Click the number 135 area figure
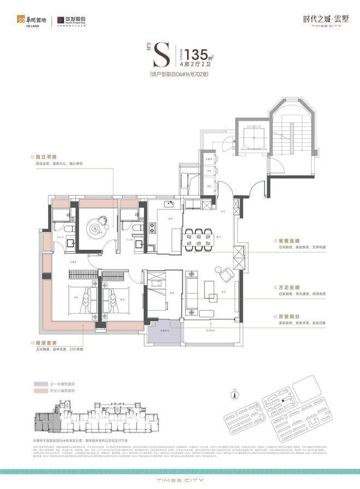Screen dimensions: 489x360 coord(195,55)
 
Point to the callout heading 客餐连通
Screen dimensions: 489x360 coord(285,240)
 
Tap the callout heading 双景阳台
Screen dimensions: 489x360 coord(285,316)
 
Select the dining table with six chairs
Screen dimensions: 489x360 coord(199,237)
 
